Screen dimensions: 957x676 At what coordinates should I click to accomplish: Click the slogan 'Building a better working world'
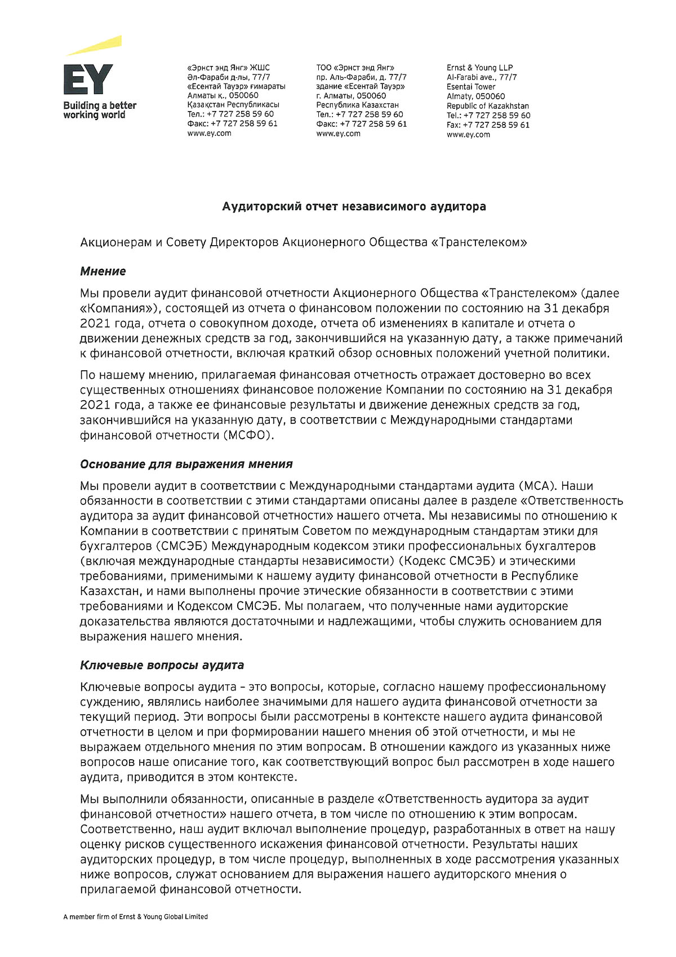point(99,110)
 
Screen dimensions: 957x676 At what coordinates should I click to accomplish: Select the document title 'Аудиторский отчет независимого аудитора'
point(354,207)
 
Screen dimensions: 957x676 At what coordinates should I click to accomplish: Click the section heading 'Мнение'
point(103,271)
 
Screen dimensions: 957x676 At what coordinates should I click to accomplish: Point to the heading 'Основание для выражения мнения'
point(186,464)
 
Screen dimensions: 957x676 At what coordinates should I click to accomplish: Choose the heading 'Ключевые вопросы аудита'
point(162,665)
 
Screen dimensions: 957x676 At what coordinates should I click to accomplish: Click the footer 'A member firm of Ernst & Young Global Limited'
point(135,917)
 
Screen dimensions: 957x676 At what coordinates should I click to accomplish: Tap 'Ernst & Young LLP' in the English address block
point(479,68)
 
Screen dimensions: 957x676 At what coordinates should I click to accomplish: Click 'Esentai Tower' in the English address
point(471,87)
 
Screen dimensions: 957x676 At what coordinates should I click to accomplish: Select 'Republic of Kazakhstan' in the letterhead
point(487,106)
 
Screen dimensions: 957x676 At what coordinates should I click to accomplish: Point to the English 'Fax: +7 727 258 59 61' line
point(488,125)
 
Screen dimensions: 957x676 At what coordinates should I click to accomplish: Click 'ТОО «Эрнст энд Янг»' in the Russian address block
point(355,68)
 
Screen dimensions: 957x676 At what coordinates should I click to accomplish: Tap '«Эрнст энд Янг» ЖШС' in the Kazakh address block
point(228,68)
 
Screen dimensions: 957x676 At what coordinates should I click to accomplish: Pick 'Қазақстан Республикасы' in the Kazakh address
point(233,105)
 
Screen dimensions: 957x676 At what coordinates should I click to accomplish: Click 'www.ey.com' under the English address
point(468,135)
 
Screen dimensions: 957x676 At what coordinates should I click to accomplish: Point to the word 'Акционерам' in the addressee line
point(116,242)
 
